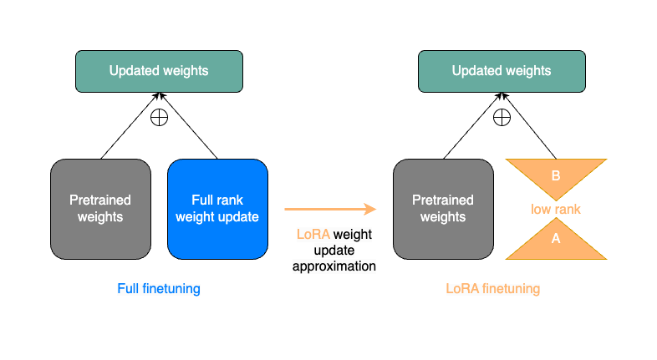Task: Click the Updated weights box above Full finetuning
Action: tap(159, 71)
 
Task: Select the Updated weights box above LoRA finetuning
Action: tap(502, 71)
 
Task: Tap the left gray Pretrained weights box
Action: tap(100, 209)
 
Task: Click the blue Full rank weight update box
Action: tap(217, 209)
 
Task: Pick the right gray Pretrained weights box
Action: tap(443, 209)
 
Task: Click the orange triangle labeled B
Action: tap(556, 175)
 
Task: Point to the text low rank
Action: tap(556, 209)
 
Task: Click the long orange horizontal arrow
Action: tap(330, 210)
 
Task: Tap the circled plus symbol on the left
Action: tap(158, 117)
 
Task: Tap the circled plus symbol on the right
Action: tap(502, 117)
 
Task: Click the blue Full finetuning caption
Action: tap(159, 289)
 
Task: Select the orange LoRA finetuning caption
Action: tap(492, 289)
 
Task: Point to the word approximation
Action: tap(334, 266)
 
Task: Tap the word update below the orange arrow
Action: tap(334, 251)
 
